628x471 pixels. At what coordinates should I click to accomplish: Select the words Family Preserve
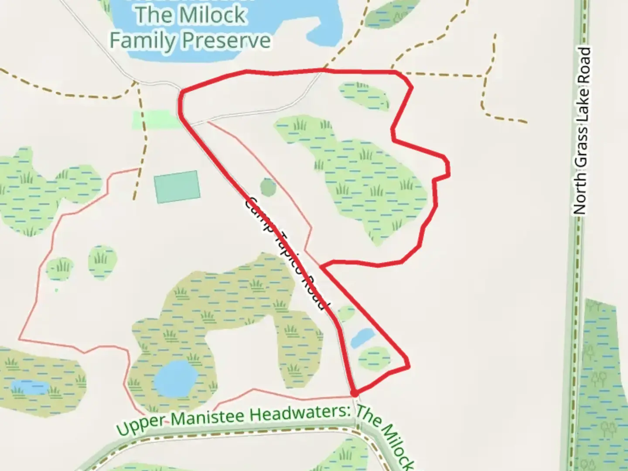click(190, 40)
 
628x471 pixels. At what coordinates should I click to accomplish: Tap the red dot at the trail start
click(355, 393)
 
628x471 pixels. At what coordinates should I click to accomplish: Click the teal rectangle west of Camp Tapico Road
click(177, 187)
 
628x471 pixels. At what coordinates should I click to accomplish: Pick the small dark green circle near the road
click(268, 187)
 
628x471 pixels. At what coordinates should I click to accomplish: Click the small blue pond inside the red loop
click(362, 337)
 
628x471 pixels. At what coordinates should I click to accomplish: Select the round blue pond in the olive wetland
click(176, 378)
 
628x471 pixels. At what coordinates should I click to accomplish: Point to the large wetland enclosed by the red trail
click(362, 179)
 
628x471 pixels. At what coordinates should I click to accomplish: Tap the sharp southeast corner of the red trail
click(408, 365)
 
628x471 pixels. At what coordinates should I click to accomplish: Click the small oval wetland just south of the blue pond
click(374, 358)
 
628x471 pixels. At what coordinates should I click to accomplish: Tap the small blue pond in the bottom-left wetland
click(30, 387)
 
